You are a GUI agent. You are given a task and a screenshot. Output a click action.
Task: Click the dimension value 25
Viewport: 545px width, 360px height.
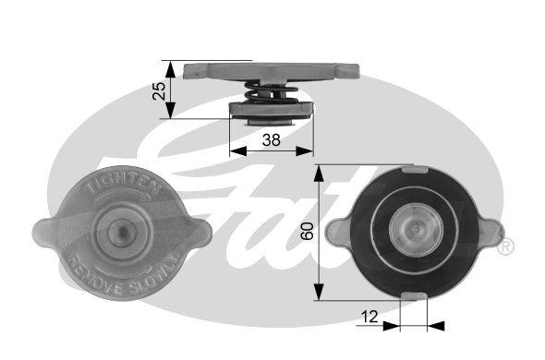pyautogui.click(x=160, y=90)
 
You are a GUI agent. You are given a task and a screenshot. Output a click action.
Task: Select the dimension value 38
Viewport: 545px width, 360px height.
pyautogui.click(x=272, y=140)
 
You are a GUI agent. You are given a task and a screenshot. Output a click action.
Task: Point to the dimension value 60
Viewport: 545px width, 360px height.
pyautogui.click(x=308, y=231)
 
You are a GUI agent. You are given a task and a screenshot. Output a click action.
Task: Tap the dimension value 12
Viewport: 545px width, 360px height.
pyautogui.click(x=369, y=317)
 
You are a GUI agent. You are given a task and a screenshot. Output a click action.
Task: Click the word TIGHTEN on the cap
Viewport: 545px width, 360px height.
pyautogui.click(x=124, y=184)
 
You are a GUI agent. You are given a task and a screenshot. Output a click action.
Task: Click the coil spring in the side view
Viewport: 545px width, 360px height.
pyautogui.click(x=271, y=91)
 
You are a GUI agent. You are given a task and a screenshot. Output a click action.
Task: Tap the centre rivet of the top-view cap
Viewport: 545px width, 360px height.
pyautogui.click(x=123, y=232)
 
